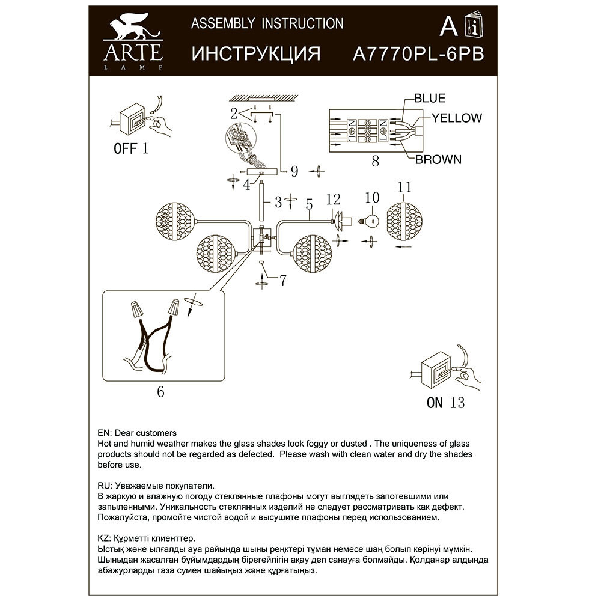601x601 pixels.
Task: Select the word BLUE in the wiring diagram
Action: [x=429, y=99]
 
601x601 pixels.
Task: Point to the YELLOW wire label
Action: [x=457, y=118]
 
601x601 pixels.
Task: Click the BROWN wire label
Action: [x=439, y=159]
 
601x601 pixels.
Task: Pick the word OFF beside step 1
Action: [x=126, y=148]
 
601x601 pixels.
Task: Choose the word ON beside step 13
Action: [x=435, y=403]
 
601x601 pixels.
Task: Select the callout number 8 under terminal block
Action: [x=376, y=160]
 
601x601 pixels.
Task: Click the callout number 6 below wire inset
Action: [x=160, y=391]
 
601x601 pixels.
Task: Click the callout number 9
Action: [x=294, y=172]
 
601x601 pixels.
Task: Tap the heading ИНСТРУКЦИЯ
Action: [x=255, y=53]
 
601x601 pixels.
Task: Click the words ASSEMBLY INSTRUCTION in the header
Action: [x=267, y=24]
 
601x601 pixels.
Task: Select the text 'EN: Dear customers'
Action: [x=136, y=433]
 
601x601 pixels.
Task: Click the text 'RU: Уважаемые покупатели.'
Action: [x=155, y=485]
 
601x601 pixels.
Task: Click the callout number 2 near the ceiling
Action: [x=233, y=112]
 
